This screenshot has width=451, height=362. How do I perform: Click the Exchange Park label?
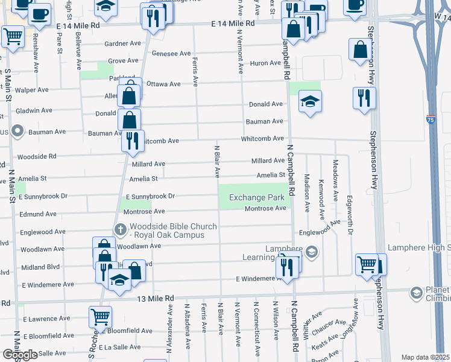click(x=256, y=198)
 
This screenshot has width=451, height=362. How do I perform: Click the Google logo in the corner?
click(x=19, y=355)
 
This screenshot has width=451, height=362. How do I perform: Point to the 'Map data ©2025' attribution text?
click(x=426, y=357)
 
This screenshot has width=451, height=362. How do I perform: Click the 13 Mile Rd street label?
click(x=155, y=298)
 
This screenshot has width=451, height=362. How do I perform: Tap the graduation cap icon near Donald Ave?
click(x=310, y=101)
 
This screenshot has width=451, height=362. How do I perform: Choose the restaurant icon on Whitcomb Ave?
click(x=133, y=141)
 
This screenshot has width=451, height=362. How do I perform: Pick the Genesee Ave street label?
click(x=172, y=54)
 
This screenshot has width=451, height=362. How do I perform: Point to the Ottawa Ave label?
click(x=163, y=84)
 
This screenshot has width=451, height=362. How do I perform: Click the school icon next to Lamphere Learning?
click(x=311, y=252)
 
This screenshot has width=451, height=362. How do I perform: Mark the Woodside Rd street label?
click(x=37, y=156)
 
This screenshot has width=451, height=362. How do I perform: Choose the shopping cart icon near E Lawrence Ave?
click(x=100, y=316)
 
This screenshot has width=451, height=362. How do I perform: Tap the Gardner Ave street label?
click(x=122, y=43)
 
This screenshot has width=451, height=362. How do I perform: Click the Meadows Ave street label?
click(x=336, y=174)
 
